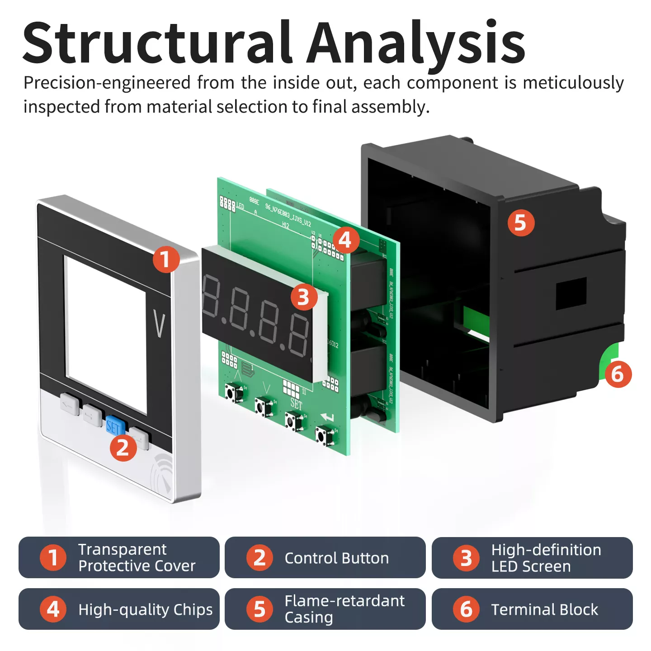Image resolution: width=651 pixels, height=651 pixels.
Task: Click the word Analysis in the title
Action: [416, 43]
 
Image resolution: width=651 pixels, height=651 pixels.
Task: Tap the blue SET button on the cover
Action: [114, 426]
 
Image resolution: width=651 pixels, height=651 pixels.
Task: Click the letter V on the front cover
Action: [159, 324]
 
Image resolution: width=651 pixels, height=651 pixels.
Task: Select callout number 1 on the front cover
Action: [166, 259]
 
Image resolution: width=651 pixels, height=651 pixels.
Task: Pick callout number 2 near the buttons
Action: [123, 448]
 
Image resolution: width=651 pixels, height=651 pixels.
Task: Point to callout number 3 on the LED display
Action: [303, 297]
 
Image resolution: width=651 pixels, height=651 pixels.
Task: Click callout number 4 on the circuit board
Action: [345, 240]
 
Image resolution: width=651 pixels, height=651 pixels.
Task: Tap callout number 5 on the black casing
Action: [521, 223]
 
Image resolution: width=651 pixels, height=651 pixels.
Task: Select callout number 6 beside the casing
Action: [618, 374]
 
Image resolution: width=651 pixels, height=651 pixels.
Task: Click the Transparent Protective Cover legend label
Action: [137, 557]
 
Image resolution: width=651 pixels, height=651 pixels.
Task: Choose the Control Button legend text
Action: [336, 558]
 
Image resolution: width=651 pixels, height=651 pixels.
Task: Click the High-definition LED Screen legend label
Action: [546, 558]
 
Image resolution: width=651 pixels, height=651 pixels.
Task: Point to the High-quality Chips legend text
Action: [145, 609]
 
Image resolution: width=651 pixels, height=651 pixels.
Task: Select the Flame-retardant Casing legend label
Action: [344, 609]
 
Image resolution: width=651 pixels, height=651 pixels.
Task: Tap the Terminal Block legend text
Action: [544, 609]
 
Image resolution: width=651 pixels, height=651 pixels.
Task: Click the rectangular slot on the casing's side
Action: [571, 293]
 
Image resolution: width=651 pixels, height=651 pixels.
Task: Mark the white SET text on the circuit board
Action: [296, 403]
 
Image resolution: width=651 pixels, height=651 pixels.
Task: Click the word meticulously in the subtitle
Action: [573, 83]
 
